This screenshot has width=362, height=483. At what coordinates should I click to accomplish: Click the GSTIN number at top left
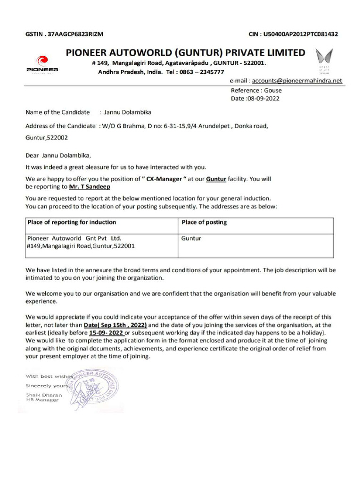pyautogui.click(x=64, y=34)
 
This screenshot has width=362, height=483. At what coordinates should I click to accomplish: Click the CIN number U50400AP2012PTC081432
pyautogui.click(x=293, y=34)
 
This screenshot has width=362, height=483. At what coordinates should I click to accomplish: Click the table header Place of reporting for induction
pyautogui.click(x=72, y=222)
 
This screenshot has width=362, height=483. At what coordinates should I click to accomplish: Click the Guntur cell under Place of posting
pyautogui.click(x=191, y=239)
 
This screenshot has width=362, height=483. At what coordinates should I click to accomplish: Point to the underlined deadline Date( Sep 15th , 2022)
pyautogui.click(x=115, y=325)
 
